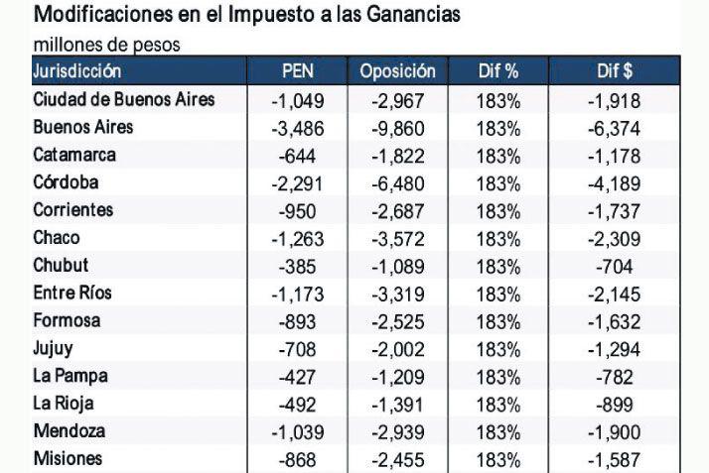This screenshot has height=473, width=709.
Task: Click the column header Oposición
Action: [397, 71]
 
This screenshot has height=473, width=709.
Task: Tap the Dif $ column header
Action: [614, 71]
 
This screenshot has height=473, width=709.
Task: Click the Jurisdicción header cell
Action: [77, 71]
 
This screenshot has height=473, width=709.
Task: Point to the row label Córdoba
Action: [66, 182]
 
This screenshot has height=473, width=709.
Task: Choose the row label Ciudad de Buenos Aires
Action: [123, 100]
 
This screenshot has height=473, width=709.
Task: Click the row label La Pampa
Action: [71, 376]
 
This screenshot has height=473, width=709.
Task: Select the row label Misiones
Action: [68, 459]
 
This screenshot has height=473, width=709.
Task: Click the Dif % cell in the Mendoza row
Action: [497, 432]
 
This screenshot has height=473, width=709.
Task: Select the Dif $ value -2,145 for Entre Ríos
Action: [614, 295]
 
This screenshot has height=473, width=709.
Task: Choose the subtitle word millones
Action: [66, 46]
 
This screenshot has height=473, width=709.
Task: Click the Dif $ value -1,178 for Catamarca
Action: [614, 156]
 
